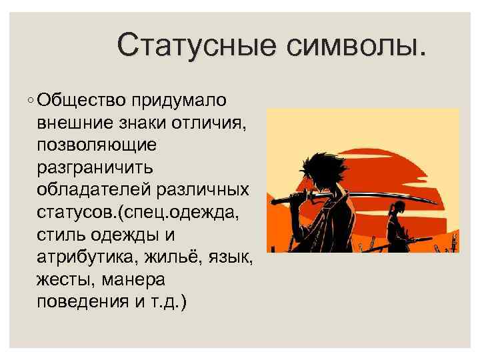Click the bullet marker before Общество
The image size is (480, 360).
[x=32, y=101]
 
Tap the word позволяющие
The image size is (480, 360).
[x=97, y=145]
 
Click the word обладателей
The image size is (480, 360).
[x=95, y=189]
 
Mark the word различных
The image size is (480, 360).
[x=203, y=189]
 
